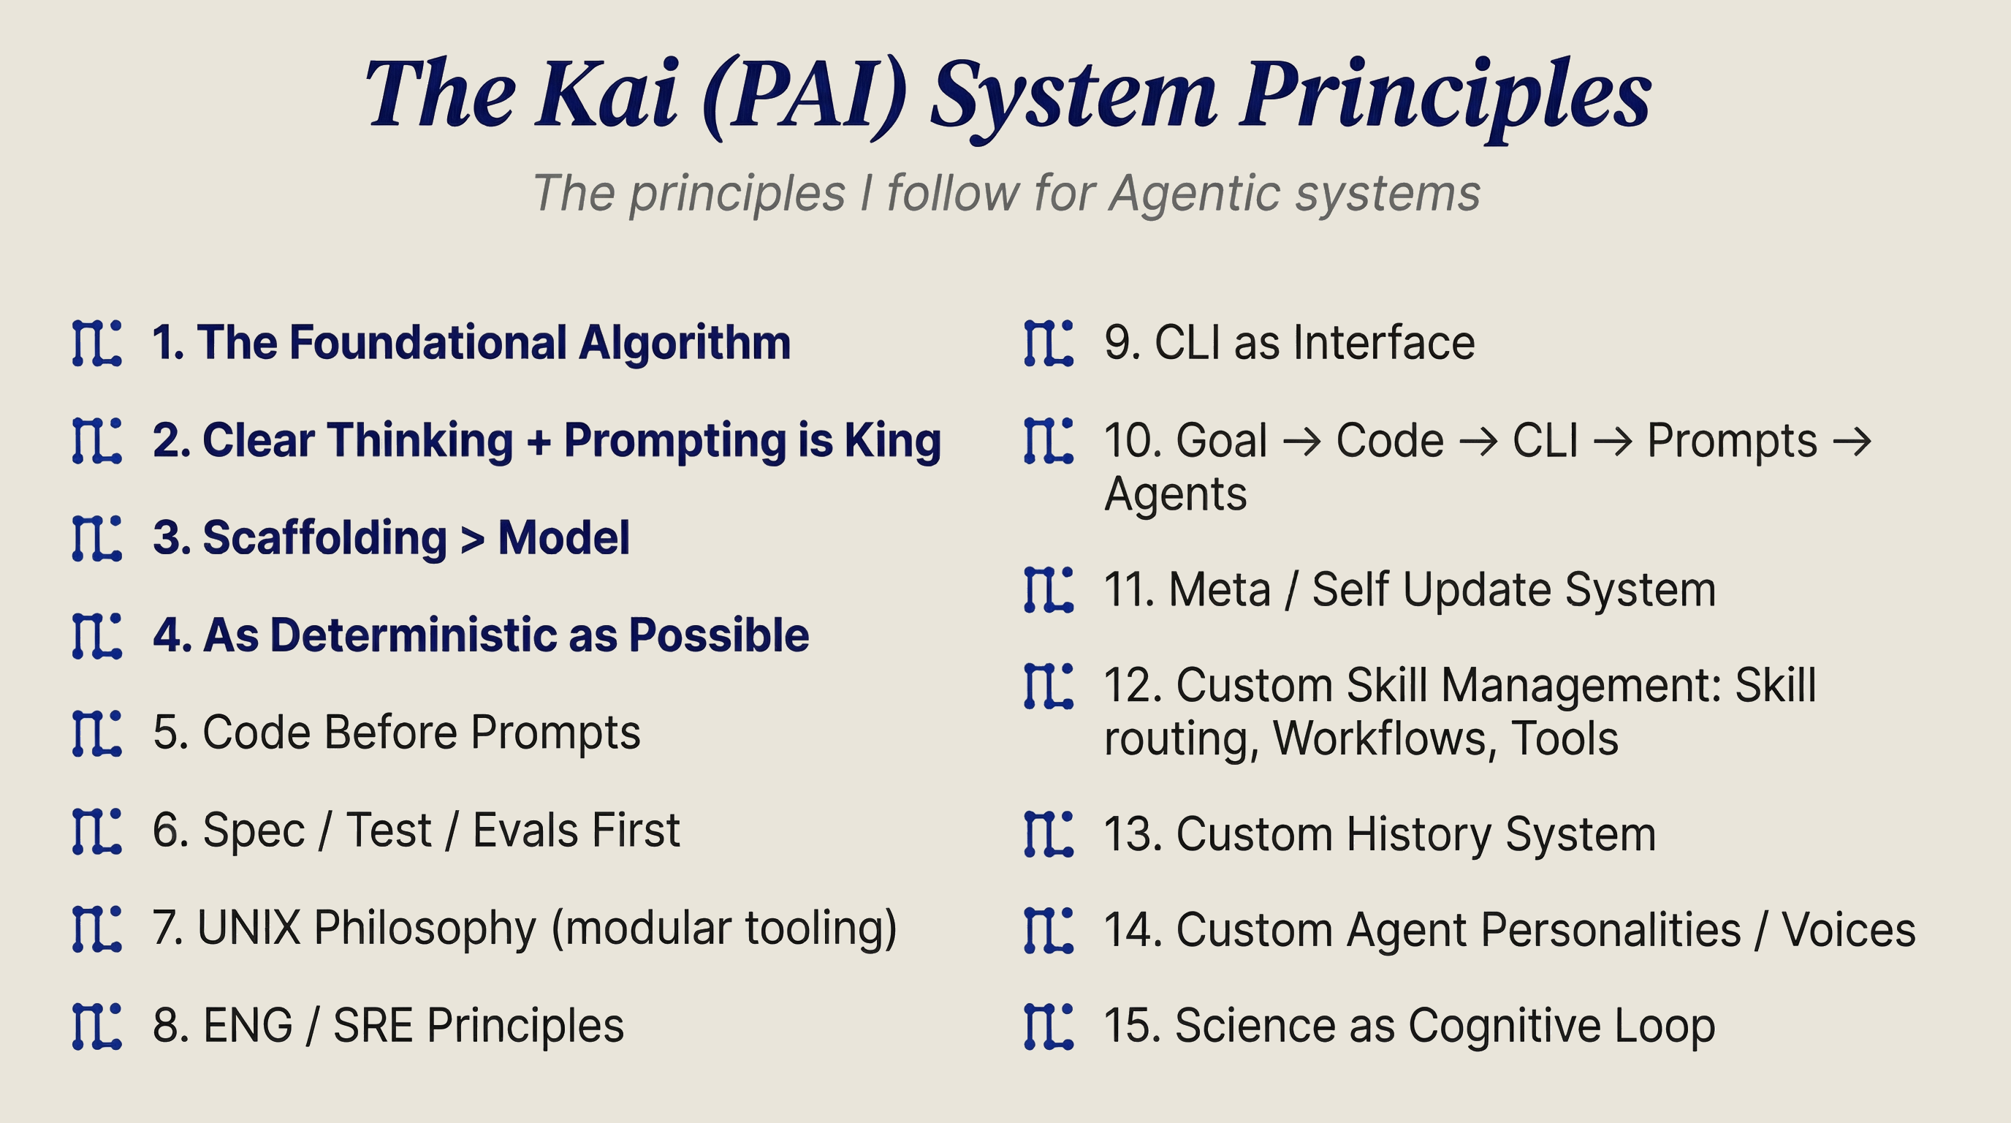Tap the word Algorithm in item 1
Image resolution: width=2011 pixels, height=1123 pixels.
pyautogui.click(x=685, y=344)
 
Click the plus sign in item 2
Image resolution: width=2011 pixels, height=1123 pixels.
pyautogui.click(x=538, y=442)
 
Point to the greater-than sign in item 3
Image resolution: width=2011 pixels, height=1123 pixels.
pyautogui.click(x=472, y=539)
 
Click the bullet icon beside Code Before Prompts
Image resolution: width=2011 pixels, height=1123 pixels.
pyautogui.click(x=96, y=733)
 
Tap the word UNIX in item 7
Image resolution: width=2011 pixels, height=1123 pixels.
pyautogui.click(x=249, y=928)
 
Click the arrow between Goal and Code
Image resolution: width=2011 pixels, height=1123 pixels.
pyautogui.click(x=1302, y=442)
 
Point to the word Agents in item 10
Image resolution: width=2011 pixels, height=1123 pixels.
pyautogui.click(x=1175, y=494)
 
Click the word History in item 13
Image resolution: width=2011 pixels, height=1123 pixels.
pyautogui.click(x=1418, y=835)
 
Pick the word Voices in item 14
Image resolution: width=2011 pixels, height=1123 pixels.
pyautogui.click(x=1848, y=930)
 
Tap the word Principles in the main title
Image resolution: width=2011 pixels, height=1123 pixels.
pyautogui.click(x=1446, y=95)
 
